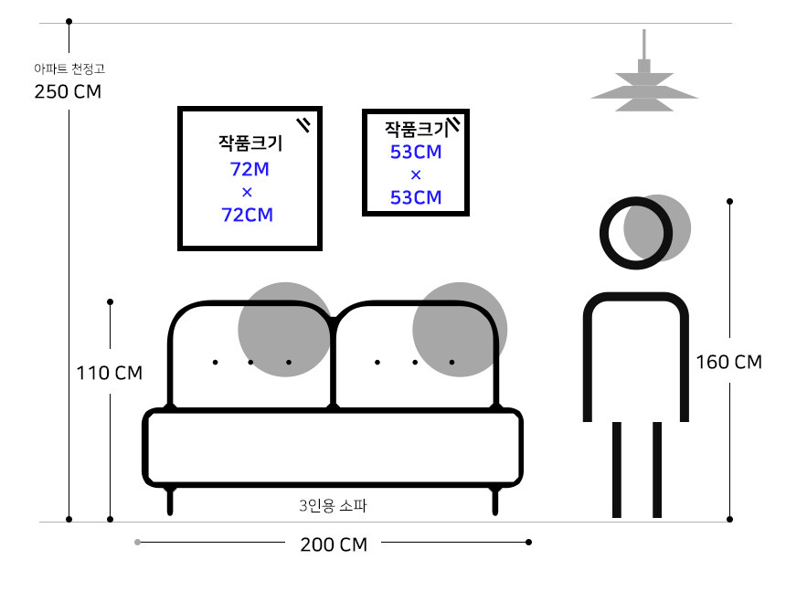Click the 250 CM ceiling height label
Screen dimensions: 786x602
(68, 91)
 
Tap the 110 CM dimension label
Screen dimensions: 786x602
(110, 373)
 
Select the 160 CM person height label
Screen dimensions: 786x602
(728, 362)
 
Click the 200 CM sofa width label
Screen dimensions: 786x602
(334, 544)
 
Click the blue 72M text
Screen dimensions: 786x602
(250, 169)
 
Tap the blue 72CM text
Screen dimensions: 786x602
(247, 215)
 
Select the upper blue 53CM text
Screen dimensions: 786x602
(416, 152)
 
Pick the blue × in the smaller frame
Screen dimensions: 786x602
(416, 175)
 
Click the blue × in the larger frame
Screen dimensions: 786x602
(247, 193)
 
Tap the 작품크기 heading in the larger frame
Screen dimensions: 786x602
(250, 143)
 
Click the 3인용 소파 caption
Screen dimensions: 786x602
(333, 506)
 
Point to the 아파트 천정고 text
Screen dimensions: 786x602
(69, 69)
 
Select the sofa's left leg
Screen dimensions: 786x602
(170, 500)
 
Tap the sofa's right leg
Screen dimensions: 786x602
(494, 500)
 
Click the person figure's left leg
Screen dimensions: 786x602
(617, 470)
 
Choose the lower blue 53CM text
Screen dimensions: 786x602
(416, 198)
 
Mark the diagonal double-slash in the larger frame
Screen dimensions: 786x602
(303, 125)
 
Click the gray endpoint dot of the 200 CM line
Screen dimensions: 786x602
(137, 542)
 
